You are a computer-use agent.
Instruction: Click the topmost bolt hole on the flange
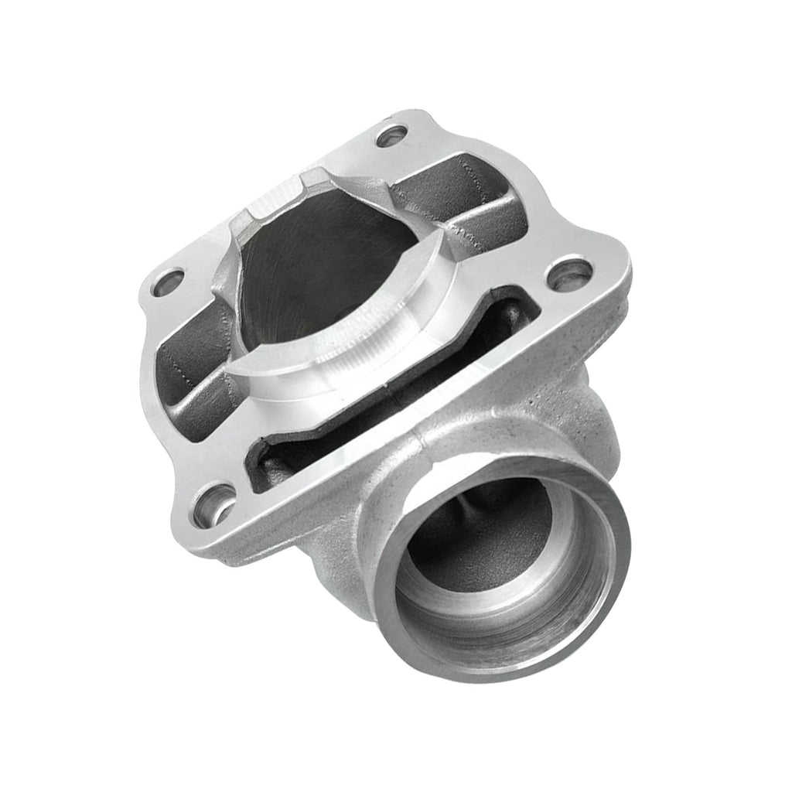[x=391, y=136]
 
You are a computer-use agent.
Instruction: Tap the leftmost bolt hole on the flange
[x=169, y=283]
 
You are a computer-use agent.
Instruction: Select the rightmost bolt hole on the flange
[x=569, y=275]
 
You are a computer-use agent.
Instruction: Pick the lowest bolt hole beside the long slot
[x=214, y=507]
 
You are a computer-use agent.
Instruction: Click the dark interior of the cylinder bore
[x=325, y=263]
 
